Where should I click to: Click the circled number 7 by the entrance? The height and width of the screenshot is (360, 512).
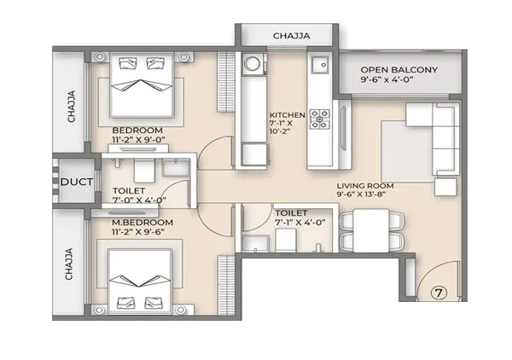point(439,293)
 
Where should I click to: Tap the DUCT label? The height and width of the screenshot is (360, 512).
point(77,182)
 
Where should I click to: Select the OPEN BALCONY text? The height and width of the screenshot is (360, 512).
point(399,70)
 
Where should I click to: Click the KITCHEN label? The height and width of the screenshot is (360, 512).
point(287,115)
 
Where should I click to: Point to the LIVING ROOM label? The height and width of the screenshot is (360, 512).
point(365,186)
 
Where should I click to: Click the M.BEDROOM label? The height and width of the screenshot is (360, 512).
point(143,223)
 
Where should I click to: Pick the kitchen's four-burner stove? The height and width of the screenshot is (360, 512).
point(320,119)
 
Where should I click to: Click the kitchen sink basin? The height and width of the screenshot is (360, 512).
point(320,65)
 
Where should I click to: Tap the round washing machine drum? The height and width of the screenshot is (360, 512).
point(251,64)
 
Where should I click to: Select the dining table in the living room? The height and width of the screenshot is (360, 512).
point(371,230)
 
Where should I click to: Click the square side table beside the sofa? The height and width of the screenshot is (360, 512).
point(445,187)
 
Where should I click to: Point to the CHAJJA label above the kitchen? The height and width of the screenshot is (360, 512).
point(292,36)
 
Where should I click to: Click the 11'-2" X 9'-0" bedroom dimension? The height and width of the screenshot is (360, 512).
point(139,140)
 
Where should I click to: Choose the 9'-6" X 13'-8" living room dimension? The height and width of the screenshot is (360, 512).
point(362,195)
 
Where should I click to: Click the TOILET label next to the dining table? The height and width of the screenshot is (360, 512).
point(291,213)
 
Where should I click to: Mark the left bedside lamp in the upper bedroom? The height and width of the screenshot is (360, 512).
point(99,57)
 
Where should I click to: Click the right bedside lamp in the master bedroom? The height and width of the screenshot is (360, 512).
point(181,310)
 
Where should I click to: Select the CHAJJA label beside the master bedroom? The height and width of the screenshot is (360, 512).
point(69,264)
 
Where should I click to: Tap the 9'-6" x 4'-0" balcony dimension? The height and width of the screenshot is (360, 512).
point(387,79)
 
